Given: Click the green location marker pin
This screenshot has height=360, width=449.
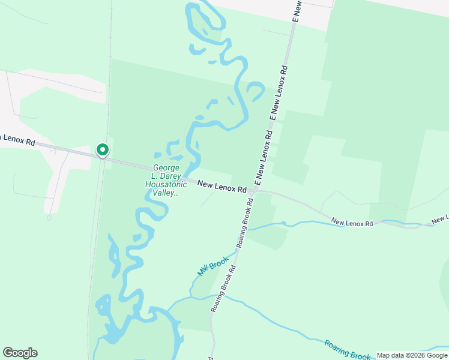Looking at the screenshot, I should (x=102, y=150).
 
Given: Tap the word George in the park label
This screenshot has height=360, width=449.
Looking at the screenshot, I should (x=167, y=168).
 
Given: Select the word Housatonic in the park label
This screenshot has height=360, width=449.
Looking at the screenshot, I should (x=166, y=185).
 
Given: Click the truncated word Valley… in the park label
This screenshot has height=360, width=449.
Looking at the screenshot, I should (x=166, y=193).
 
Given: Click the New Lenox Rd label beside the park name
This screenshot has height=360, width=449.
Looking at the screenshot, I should (x=222, y=188).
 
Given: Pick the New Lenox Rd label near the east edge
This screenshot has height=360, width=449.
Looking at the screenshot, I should (x=352, y=223).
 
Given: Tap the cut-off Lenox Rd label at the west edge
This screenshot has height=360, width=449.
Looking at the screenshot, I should (x=17, y=140).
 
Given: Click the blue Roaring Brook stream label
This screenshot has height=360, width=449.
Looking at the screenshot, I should (x=348, y=350).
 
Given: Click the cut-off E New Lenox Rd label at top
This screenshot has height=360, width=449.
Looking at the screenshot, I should (x=295, y=11).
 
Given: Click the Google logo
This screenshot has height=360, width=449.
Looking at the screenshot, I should (x=20, y=353).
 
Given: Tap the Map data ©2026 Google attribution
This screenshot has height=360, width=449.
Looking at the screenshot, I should (x=412, y=355).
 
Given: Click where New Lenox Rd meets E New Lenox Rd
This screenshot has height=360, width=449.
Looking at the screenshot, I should (x=256, y=191).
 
